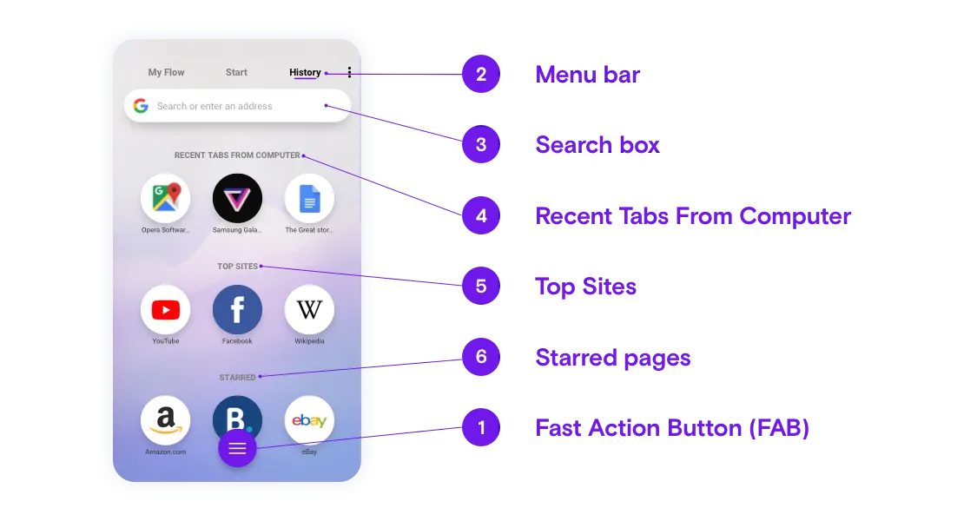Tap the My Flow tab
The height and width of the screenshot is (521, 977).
pyautogui.click(x=166, y=72)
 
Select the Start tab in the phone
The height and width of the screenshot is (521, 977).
pyautogui.click(x=236, y=72)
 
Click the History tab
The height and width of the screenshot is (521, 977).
pyautogui.click(x=305, y=72)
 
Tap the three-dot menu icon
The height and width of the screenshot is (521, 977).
pyautogui.click(x=350, y=72)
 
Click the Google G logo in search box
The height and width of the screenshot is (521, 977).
pyautogui.click(x=142, y=106)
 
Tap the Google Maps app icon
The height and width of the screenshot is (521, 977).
pyautogui.click(x=165, y=198)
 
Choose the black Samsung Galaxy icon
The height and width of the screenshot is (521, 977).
pyautogui.click(x=237, y=198)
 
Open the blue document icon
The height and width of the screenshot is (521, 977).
pyautogui.click(x=309, y=198)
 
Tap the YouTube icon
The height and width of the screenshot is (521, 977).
pyautogui.click(x=165, y=309)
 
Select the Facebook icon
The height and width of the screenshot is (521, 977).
pyautogui.click(x=237, y=309)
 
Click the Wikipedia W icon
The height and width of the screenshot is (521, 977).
pyautogui.click(x=309, y=309)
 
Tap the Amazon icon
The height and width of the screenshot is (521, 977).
pyautogui.click(x=165, y=420)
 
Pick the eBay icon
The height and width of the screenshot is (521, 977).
pyautogui.click(x=309, y=420)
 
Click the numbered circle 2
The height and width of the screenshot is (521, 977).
pyautogui.click(x=481, y=74)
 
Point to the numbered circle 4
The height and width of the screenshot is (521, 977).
pyautogui.click(x=481, y=215)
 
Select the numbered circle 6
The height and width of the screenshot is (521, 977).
pyautogui.click(x=481, y=357)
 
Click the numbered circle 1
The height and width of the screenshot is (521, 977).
pyautogui.click(x=481, y=427)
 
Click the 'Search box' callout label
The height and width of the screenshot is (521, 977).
pyautogui.click(x=597, y=145)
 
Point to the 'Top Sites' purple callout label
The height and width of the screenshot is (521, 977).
pyautogui.click(x=585, y=287)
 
